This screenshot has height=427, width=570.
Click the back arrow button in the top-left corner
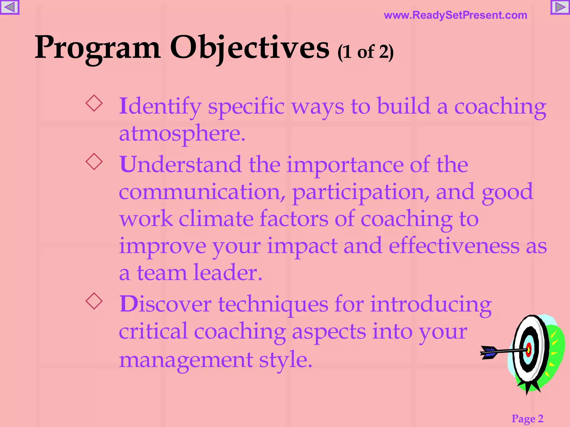(9, 7)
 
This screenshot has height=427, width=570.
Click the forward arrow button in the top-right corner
(560, 7)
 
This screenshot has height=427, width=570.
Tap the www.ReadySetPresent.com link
(455, 15)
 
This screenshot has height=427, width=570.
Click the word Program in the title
(98, 48)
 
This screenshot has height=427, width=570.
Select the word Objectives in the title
(250, 48)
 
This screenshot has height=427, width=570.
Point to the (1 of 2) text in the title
(365, 52)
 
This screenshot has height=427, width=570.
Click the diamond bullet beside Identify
(94, 103)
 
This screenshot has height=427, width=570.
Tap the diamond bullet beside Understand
(94, 162)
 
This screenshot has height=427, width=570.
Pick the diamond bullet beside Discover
(94, 301)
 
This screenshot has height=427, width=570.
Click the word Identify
(160, 106)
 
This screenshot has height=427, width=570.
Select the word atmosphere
(182, 133)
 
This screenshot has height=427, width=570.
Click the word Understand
(180, 165)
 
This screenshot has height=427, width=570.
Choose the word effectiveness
(454, 246)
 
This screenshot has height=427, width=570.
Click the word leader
(228, 273)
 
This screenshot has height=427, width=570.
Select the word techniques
(273, 304)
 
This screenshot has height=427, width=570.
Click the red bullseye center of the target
(529, 350)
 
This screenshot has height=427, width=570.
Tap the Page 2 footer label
(527, 418)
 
